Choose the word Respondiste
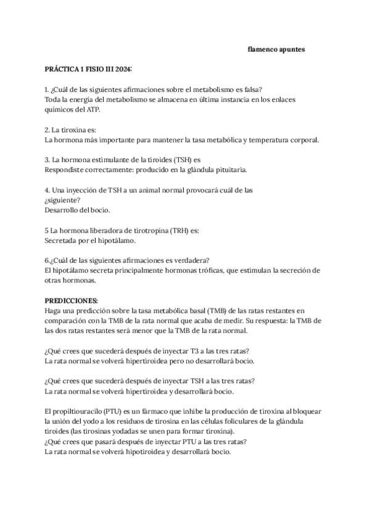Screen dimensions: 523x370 [x=65, y=170]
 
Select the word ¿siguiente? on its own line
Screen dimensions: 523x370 [x=62, y=200]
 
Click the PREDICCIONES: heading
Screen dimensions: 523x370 [x=72, y=300]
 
